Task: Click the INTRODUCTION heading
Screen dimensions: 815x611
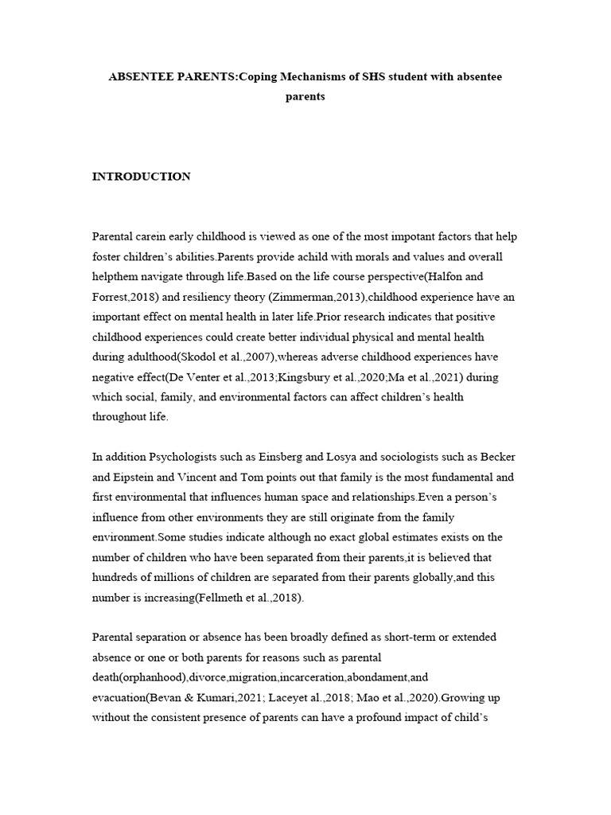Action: (x=142, y=177)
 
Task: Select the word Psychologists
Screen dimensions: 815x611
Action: (x=178, y=457)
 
